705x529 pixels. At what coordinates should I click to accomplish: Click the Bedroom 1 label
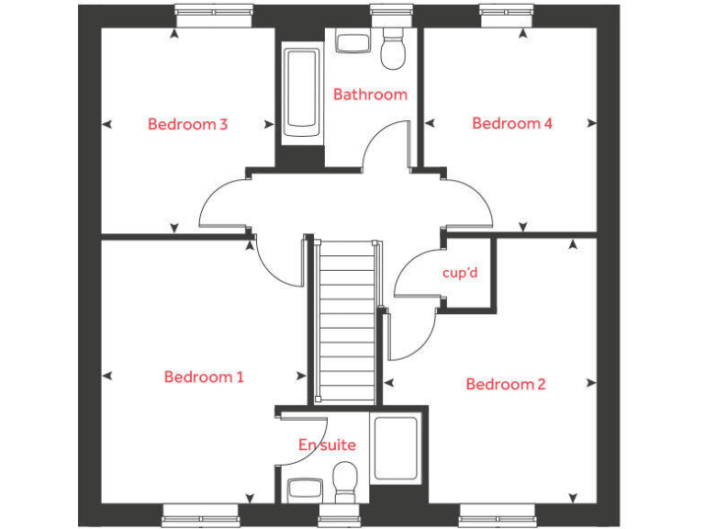tap(204, 377)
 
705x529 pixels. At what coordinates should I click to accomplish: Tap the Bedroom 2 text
tap(505, 384)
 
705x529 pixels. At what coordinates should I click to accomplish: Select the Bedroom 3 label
tap(187, 124)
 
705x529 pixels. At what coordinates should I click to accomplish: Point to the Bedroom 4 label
tap(511, 123)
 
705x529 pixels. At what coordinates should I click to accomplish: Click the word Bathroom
tap(370, 94)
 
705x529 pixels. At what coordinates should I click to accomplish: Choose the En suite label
tap(327, 445)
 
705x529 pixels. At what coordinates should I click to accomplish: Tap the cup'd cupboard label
tap(460, 273)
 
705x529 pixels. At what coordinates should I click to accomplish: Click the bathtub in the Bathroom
tap(301, 92)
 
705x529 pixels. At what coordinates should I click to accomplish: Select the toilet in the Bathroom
tap(394, 49)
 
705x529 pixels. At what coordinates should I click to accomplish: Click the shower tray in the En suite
tap(396, 449)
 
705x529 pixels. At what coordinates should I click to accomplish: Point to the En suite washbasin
tap(304, 488)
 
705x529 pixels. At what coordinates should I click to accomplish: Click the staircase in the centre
tap(347, 321)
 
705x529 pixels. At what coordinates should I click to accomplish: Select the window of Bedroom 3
tap(214, 11)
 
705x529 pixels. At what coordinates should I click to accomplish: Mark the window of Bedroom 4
tap(505, 11)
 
